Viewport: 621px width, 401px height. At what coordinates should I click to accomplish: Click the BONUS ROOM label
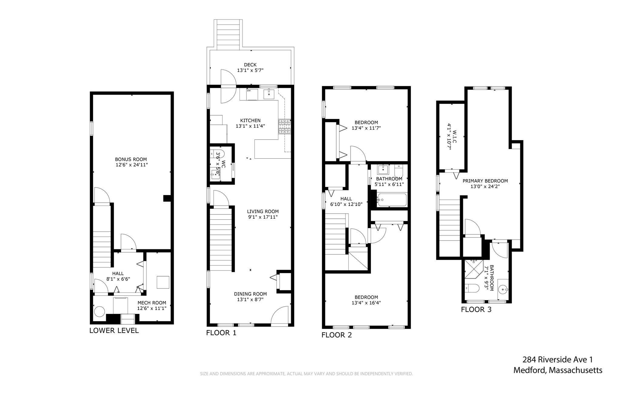tap(131, 159)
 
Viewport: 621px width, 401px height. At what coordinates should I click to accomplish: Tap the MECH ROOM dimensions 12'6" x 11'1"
tap(152, 308)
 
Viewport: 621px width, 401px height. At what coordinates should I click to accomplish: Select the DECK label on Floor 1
tap(250, 65)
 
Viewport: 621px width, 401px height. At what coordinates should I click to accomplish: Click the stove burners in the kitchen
tap(284, 126)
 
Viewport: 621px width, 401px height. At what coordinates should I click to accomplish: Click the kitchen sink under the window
tap(269, 94)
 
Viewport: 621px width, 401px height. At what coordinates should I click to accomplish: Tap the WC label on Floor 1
tap(223, 164)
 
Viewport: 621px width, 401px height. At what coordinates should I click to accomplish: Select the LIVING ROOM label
tap(263, 211)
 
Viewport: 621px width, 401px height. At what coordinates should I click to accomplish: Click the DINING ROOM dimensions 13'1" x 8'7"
tap(250, 299)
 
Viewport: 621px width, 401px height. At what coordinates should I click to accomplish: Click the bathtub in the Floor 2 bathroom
tap(391, 200)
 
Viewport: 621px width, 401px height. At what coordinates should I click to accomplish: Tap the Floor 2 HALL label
tap(346, 199)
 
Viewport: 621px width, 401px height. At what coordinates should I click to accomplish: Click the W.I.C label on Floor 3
tap(454, 137)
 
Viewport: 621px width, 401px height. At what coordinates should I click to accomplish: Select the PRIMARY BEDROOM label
tap(485, 181)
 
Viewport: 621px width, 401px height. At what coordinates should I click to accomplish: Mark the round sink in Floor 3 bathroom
tap(503, 290)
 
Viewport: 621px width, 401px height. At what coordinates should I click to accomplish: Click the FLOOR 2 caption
tap(337, 335)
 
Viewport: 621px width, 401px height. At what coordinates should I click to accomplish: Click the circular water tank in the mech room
tap(99, 312)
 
